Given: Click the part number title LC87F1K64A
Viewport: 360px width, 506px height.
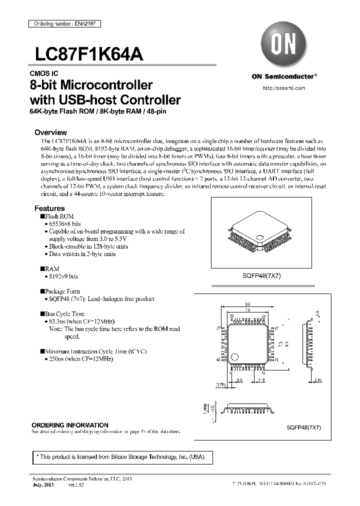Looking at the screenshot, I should tap(89, 54).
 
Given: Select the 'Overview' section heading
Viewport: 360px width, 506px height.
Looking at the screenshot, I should tap(50, 132).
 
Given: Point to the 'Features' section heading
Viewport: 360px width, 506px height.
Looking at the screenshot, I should tap(49, 208).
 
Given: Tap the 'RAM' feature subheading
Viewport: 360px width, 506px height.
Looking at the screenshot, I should tap(52, 268).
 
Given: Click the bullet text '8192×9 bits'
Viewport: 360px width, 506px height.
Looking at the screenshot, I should tap(63, 276).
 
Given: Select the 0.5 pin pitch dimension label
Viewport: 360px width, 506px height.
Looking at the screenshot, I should tap(239, 380).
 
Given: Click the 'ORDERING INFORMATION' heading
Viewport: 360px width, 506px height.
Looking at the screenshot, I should tap(70, 425).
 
